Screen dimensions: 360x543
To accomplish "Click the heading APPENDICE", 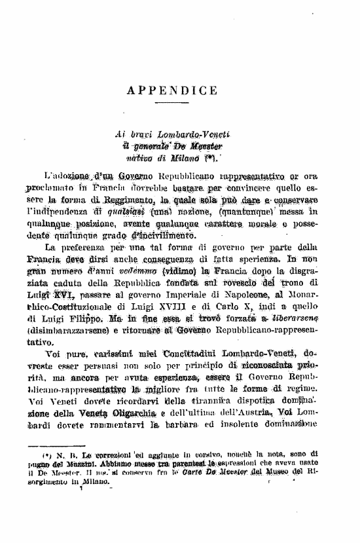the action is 181,90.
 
